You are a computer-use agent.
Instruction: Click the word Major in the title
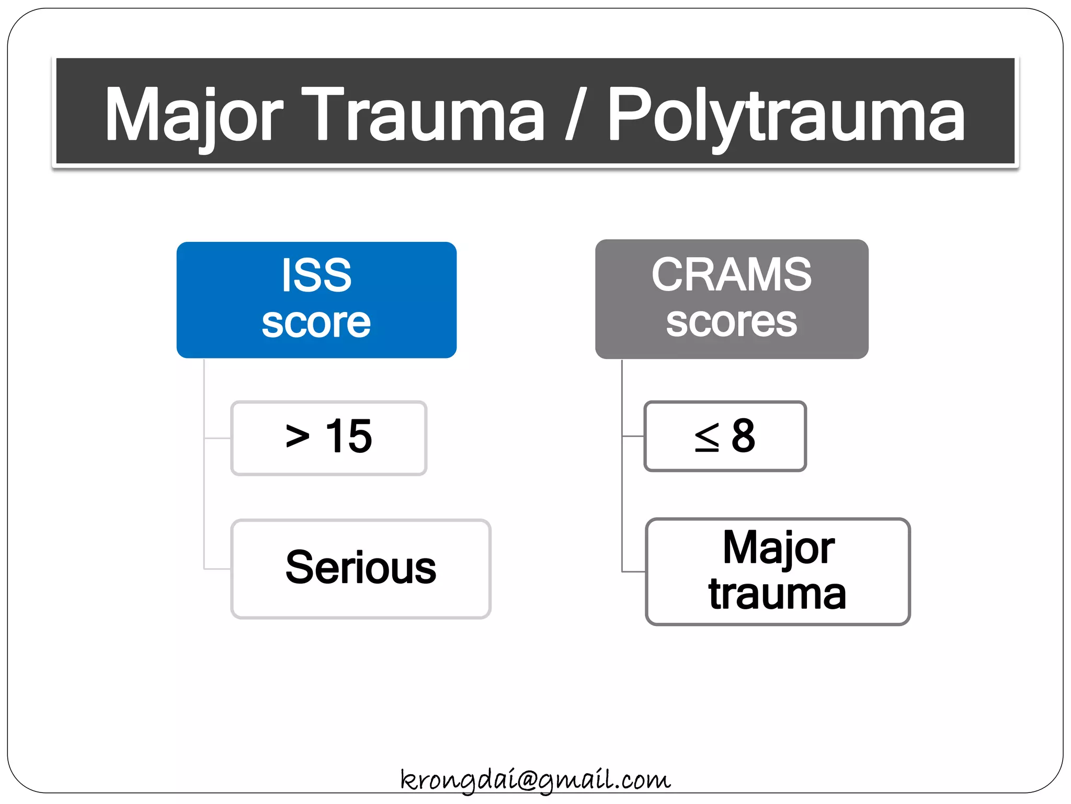[193, 115]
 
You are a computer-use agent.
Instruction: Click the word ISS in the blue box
[316, 275]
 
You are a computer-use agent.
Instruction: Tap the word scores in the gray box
[731, 322]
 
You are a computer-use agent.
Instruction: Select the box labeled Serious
[361, 569]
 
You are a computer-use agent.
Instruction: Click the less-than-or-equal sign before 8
[707, 437]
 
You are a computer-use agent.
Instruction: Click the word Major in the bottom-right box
[778, 548]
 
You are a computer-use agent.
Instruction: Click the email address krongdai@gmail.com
[535, 780]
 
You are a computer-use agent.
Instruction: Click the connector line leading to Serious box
[217, 568]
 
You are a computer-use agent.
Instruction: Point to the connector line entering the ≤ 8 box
[633, 435]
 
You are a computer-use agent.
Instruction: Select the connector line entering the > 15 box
[218, 438]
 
